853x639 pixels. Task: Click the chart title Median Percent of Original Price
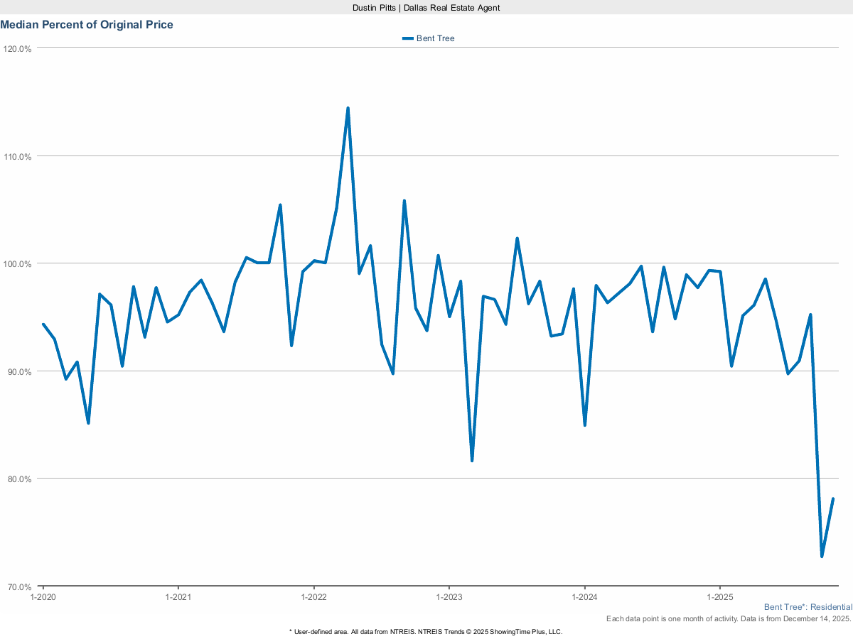pos(87,25)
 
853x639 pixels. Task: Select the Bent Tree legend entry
pos(429,38)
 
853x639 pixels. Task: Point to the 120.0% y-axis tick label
pos(18,49)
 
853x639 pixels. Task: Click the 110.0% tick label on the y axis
pos(18,157)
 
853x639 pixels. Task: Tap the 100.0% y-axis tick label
pos(18,264)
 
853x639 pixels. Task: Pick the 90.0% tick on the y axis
pos(19,372)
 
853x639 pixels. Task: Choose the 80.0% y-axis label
pos(19,479)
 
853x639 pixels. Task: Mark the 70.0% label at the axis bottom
pos(19,587)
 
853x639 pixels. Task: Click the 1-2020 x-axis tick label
pos(43,598)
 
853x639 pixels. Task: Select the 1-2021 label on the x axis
pos(178,598)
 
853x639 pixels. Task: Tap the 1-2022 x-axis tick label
pos(313,598)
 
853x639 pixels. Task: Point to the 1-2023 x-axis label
pos(449,598)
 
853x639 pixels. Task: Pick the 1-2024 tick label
pos(584,598)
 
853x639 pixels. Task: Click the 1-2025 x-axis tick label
pos(720,598)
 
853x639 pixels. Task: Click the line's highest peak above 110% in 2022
pos(348,109)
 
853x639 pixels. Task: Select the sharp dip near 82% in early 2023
pos(472,460)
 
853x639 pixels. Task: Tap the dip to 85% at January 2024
pos(584,425)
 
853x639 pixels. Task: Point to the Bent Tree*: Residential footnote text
pos(808,608)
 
